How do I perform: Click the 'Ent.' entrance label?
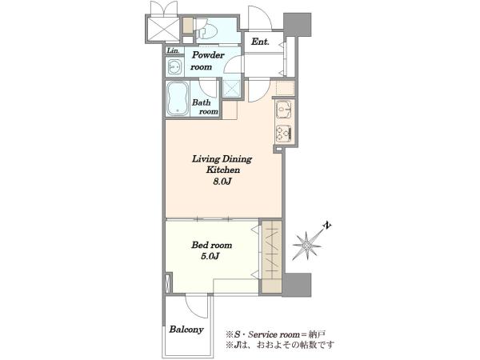(260, 42)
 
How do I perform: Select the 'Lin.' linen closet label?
(174, 50)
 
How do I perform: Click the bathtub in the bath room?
(178, 98)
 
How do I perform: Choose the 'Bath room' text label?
(205, 107)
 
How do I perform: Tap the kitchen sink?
(284, 110)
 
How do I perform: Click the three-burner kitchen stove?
(284, 133)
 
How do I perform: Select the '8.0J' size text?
(222, 182)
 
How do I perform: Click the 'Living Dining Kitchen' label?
(222, 164)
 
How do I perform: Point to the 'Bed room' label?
(211, 246)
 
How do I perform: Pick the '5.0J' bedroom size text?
(210, 256)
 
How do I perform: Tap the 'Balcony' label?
(186, 330)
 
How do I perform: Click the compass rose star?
(307, 246)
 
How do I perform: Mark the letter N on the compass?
(327, 226)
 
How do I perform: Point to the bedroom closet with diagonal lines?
(272, 250)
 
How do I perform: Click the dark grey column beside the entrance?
(298, 25)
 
